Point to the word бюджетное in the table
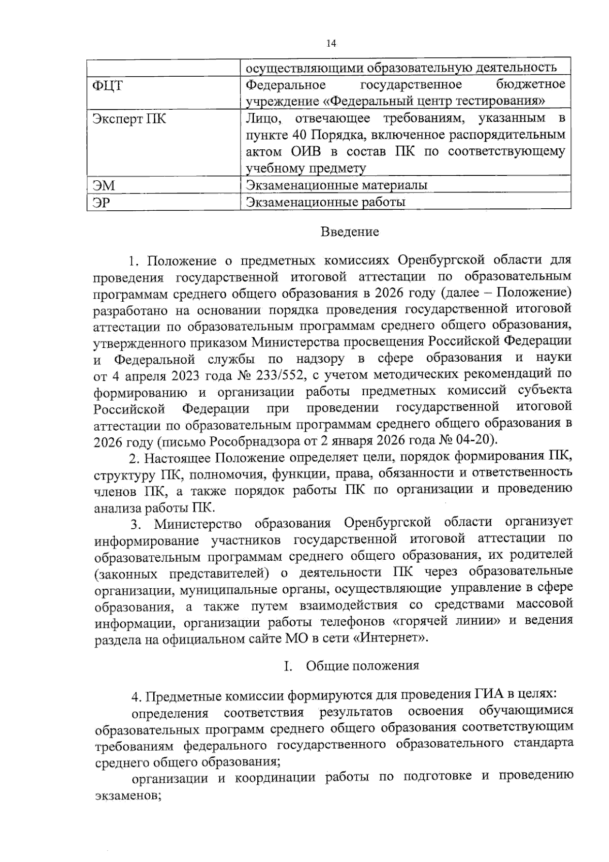530,84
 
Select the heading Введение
350,232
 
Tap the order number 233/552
278,375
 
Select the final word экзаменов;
128,796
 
